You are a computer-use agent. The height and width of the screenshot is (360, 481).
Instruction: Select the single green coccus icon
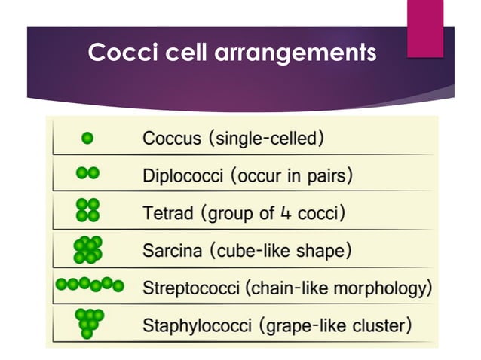(87, 138)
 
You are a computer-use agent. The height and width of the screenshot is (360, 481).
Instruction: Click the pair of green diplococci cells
(87, 173)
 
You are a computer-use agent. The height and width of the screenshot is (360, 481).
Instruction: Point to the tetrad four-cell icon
(88, 210)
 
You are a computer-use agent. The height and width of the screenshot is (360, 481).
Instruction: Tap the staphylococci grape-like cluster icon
(89, 322)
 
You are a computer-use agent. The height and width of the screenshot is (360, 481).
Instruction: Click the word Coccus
(171, 139)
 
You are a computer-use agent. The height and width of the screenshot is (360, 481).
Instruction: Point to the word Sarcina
(171, 250)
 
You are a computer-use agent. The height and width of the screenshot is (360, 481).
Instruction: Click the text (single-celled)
(268, 139)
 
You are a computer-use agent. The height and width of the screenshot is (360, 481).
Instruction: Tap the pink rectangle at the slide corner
(424, 28)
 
